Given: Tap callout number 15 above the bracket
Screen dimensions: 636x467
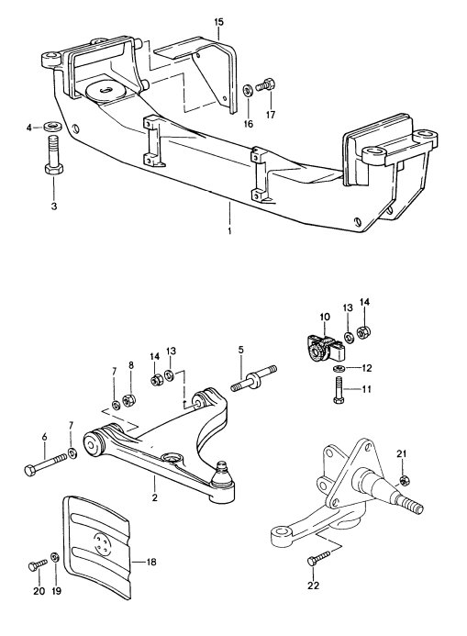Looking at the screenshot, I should tap(218, 19).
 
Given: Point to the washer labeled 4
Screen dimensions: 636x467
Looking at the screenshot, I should tap(53, 125).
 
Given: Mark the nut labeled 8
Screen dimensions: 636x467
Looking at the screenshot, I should tap(130, 399).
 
